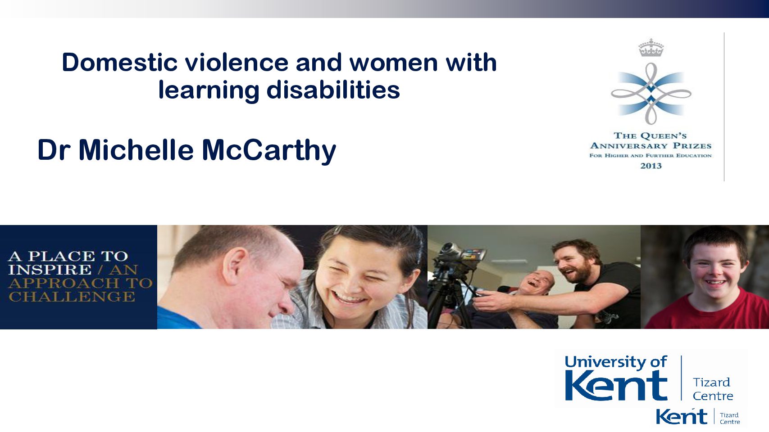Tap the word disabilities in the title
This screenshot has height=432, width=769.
click(x=333, y=90)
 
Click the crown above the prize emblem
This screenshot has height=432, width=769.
click(x=651, y=48)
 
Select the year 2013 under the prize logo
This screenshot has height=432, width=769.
click(x=651, y=166)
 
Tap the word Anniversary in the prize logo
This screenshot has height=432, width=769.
click(x=629, y=146)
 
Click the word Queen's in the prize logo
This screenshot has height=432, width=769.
click(x=664, y=135)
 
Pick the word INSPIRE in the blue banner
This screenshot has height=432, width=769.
click(x=50, y=270)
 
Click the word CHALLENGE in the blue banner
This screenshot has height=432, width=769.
click(x=72, y=297)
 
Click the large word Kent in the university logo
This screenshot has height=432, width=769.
click(x=615, y=386)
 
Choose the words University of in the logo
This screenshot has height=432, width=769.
click(x=615, y=362)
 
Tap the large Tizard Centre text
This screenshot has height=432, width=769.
click(x=713, y=389)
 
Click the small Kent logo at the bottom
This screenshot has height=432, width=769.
click(x=681, y=417)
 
